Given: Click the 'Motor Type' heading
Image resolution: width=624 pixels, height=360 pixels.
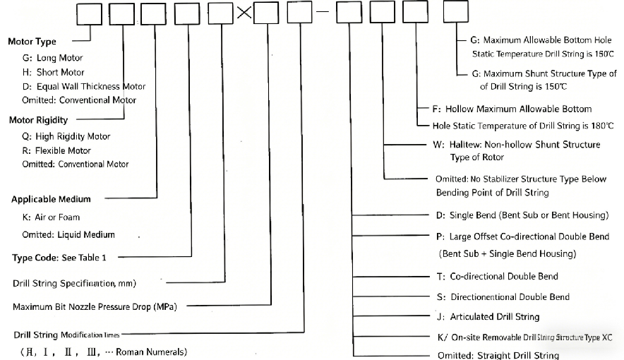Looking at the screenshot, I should [x=32, y=42].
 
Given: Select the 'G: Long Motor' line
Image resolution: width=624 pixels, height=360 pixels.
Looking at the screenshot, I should [x=52, y=58].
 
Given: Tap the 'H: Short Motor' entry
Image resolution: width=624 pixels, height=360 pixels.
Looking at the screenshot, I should [x=53, y=72].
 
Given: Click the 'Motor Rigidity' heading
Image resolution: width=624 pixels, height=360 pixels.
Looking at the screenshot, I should [x=38, y=120].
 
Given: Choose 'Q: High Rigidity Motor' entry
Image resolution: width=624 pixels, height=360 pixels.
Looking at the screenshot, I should [x=66, y=136].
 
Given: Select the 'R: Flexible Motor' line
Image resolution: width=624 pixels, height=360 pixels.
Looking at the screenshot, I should [x=56, y=150].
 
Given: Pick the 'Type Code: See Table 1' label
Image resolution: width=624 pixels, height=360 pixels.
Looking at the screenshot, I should [x=59, y=258].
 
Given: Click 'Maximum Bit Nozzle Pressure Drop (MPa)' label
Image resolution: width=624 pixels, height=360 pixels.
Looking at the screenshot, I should [x=95, y=307].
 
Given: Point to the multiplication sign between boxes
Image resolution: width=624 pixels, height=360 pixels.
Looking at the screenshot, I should [x=243, y=13].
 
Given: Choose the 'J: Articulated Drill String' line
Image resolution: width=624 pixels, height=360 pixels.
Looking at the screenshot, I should [x=488, y=316].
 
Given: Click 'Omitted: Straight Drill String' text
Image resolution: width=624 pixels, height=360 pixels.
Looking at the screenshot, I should [x=498, y=355].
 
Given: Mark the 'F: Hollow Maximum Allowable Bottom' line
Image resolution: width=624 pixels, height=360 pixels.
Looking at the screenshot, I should [x=512, y=109].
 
